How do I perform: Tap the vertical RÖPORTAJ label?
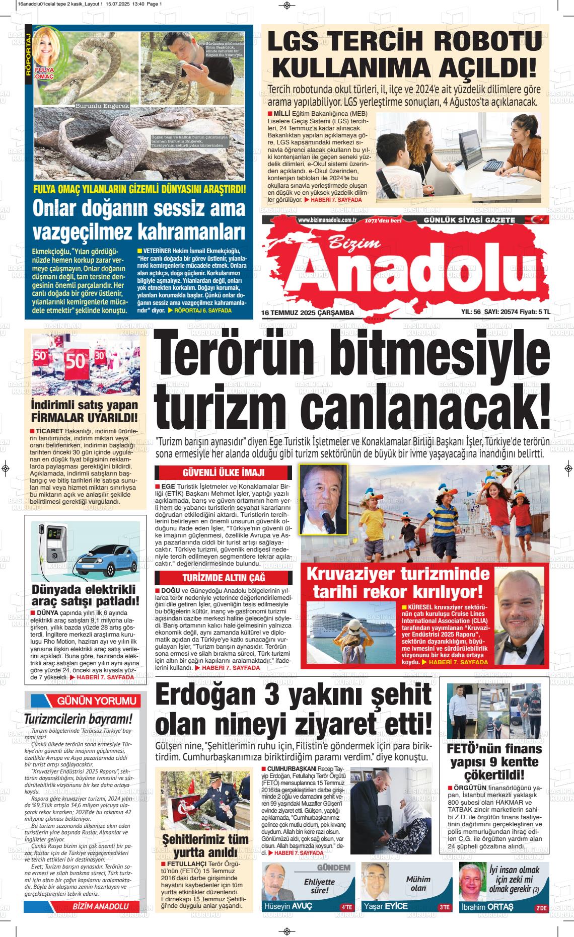pos(28,52)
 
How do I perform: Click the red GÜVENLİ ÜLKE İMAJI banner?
pos(223,473)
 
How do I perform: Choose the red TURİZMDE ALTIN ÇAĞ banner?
pos(223,577)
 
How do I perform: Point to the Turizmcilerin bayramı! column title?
pos(79,719)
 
